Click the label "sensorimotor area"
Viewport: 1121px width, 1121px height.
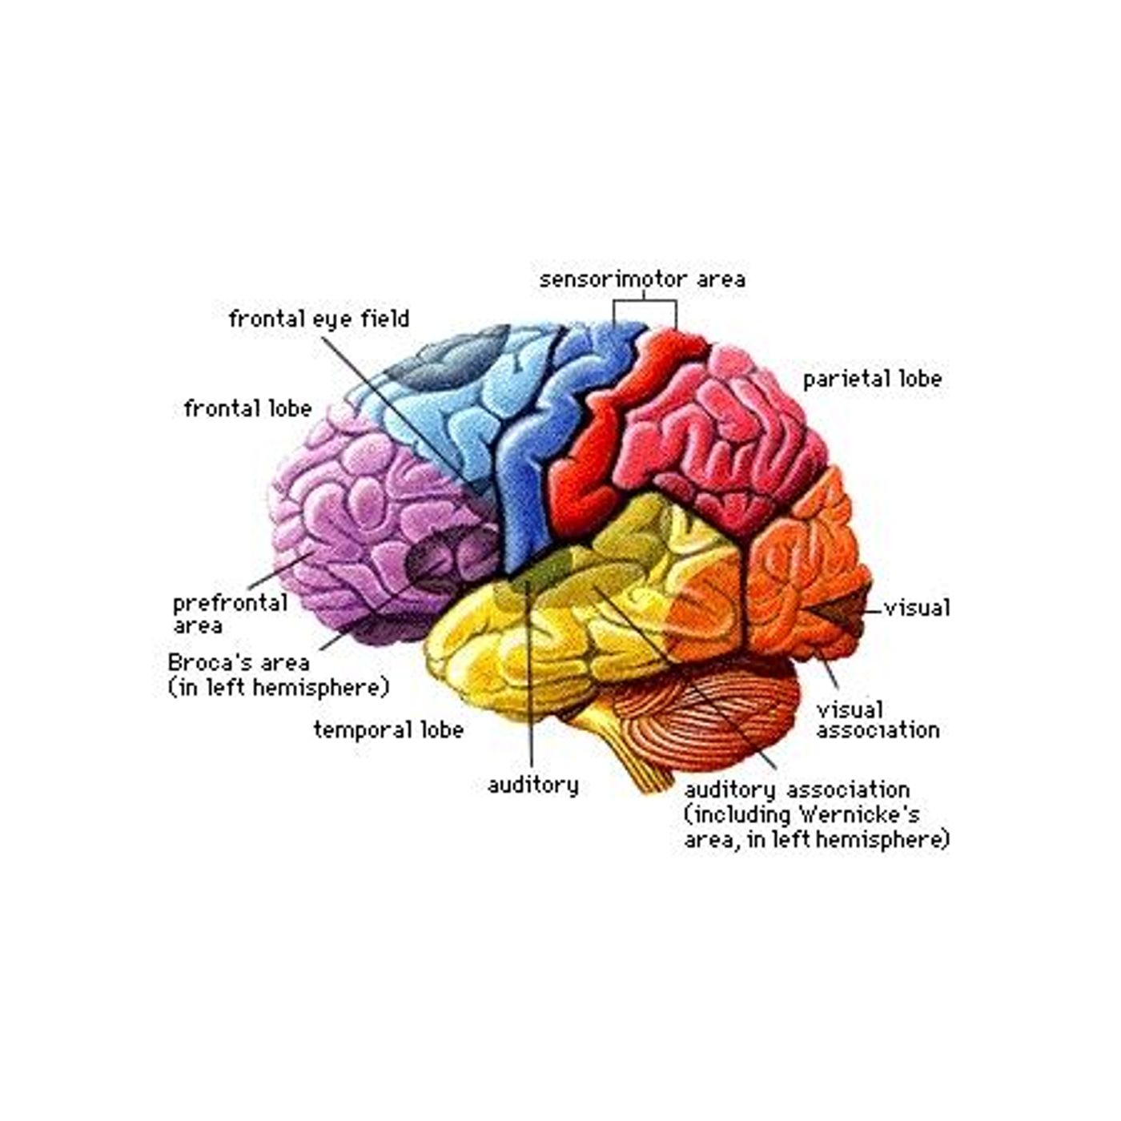[x=642, y=279]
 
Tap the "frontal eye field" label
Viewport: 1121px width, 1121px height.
[x=319, y=319]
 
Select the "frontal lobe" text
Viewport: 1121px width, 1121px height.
[x=247, y=408]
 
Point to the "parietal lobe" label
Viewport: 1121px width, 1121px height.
[x=872, y=380]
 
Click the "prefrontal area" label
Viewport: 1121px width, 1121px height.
[x=231, y=614]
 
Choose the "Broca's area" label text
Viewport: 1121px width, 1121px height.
[x=239, y=663]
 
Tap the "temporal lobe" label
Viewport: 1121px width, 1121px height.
[x=388, y=730]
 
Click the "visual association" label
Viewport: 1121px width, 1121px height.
[x=878, y=720]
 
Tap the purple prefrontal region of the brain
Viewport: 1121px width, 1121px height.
[x=372, y=524]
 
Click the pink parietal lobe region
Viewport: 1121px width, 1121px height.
[x=727, y=442]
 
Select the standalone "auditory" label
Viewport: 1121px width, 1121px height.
[x=532, y=786]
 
